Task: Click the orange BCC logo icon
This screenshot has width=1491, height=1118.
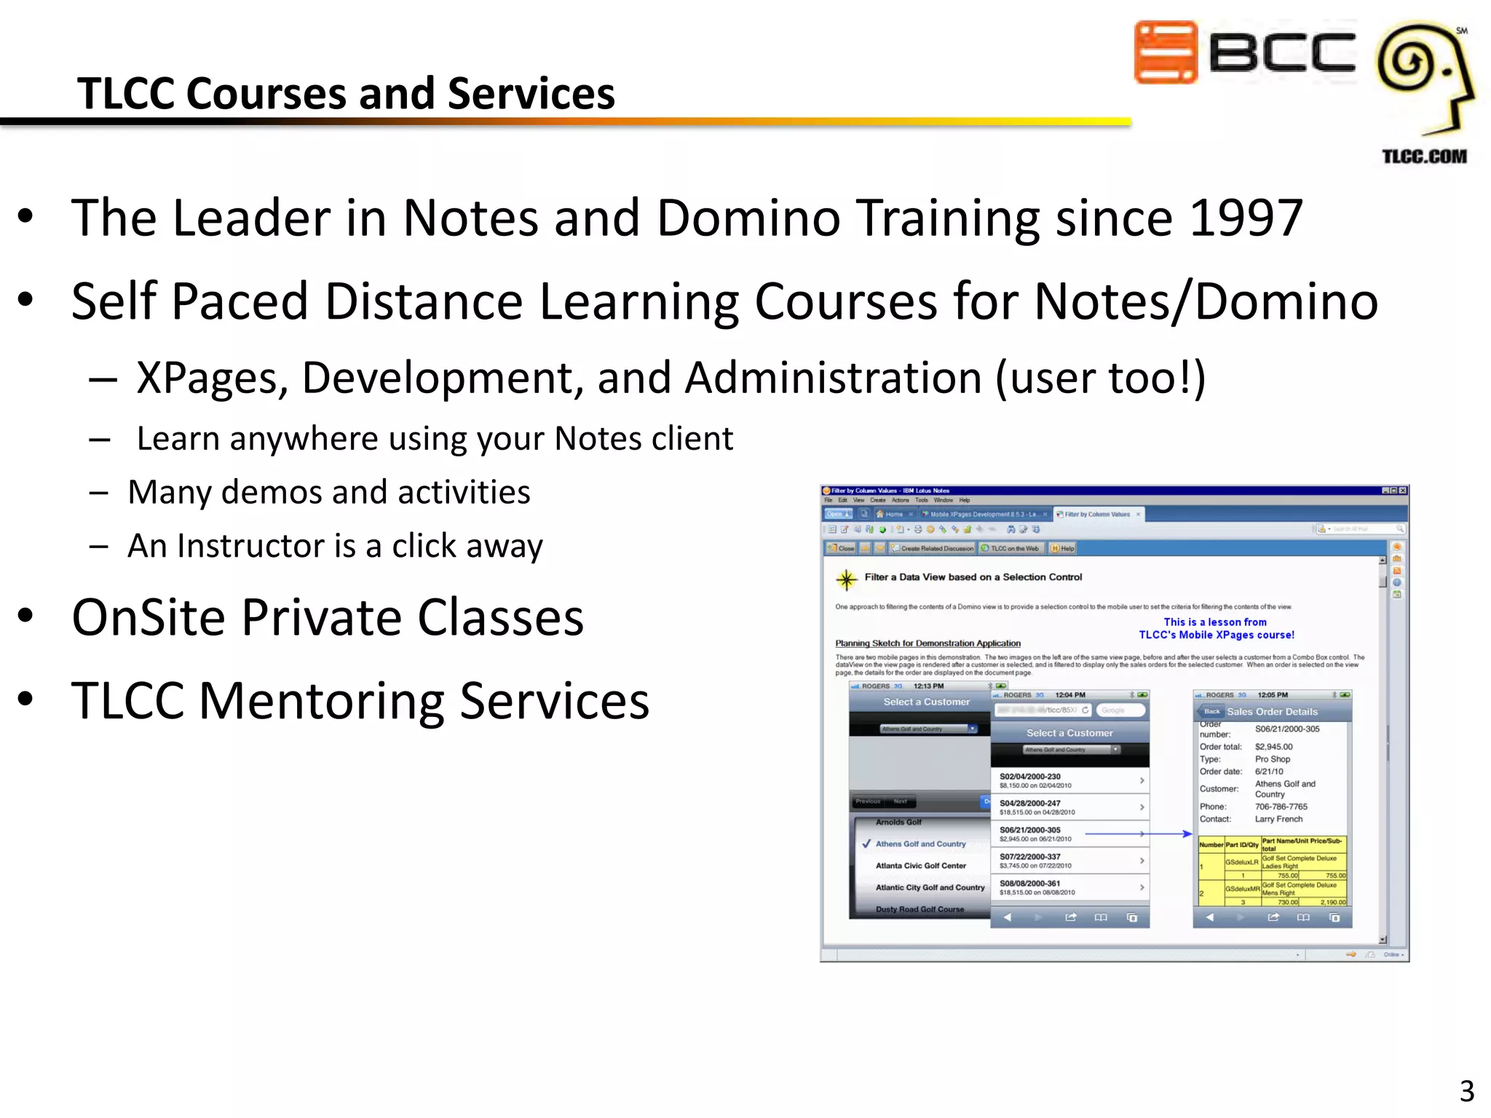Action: point(1166,52)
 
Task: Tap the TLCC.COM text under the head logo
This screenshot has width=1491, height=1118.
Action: point(1424,156)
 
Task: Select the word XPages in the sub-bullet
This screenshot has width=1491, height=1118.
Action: point(212,378)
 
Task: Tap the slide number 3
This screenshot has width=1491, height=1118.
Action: point(1466,1091)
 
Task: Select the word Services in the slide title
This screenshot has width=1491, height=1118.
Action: point(531,94)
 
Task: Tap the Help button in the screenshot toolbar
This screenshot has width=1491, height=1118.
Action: point(1063,548)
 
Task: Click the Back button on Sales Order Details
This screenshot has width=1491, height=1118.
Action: point(1211,711)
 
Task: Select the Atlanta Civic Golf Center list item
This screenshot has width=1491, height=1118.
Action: point(920,865)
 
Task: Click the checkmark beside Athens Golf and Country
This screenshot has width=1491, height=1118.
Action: point(866,844)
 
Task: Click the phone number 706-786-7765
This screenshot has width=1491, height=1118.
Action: point(1281,806)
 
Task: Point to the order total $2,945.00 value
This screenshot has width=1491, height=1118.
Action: point(1273,747)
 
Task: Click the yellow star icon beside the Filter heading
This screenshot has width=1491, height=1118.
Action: point(846,579)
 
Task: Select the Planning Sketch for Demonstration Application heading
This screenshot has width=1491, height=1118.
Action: point(928,643)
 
